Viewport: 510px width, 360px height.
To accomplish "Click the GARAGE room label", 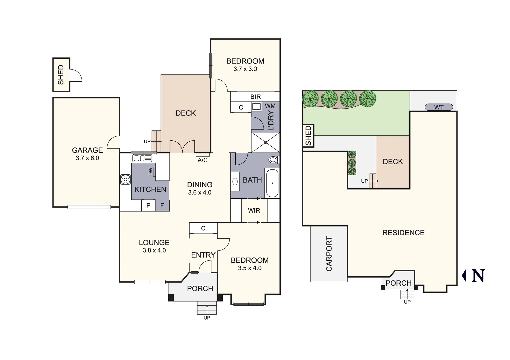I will [87, 150].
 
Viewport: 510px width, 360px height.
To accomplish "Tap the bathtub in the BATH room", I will [272, 183].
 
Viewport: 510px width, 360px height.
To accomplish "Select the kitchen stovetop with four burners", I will [125, 179].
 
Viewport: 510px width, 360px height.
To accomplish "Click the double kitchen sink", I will [142, 158].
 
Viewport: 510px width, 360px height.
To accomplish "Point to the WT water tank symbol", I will [439, 107].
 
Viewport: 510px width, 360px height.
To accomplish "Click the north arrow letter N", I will [478, 276].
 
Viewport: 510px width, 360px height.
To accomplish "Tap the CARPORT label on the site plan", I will [329, 254].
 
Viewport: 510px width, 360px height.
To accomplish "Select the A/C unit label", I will [202, 160].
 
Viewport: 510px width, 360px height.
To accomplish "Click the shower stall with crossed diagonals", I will [266, 142].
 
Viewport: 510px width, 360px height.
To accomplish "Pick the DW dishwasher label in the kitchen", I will [151, 171].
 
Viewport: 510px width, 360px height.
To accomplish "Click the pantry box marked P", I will [148, 206].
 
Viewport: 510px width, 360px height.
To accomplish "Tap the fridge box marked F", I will [162, 206].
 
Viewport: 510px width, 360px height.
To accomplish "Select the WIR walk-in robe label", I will [254, 211].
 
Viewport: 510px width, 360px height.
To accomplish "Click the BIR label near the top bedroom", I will [256, 97].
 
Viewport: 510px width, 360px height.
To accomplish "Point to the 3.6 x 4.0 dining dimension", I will [200, 193].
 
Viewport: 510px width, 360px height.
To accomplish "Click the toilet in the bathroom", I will [273, 160].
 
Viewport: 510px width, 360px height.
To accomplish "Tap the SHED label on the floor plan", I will [61, 75].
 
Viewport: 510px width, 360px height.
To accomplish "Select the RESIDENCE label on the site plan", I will [403, 233].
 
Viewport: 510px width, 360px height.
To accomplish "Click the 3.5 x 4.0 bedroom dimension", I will [249, 268].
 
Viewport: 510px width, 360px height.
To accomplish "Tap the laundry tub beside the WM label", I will [257, 107].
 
